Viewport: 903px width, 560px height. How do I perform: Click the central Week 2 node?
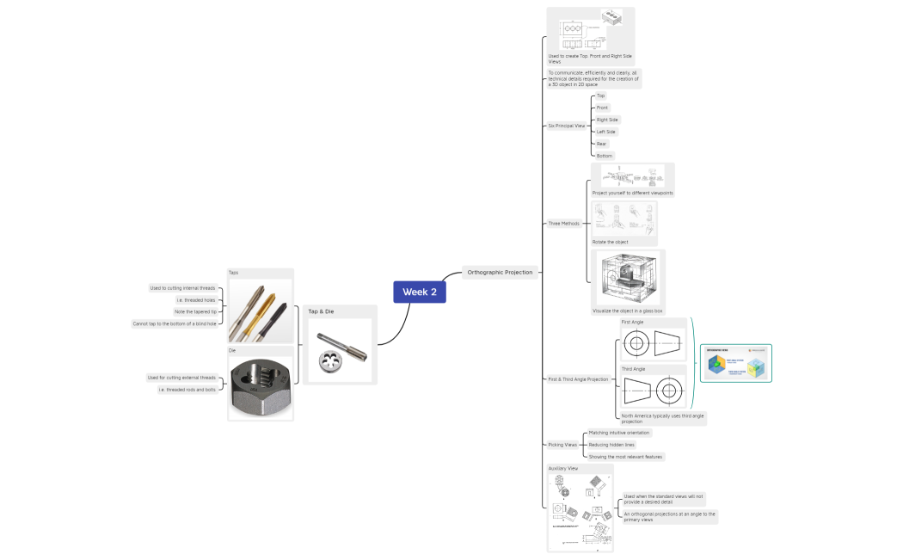click(420, 292)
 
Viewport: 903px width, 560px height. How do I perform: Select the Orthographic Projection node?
click(500, 272)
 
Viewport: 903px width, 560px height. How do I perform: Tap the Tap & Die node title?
click(322, 311)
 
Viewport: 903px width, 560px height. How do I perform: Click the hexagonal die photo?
click(261, 387)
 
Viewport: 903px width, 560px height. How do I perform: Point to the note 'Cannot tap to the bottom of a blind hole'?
click(175, 324)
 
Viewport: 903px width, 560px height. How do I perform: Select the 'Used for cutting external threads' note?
click(181, 378)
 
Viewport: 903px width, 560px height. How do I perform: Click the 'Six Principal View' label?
click(567, 126)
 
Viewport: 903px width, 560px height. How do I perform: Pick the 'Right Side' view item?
click(607, 120)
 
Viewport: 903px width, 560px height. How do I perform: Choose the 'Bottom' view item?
click(605, 156)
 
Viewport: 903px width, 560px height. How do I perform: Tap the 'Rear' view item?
click(602, 144)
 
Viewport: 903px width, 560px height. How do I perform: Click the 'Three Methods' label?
click(564, 224)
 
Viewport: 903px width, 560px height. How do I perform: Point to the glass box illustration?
click(628, 278)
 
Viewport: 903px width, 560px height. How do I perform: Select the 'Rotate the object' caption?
click(611, 242)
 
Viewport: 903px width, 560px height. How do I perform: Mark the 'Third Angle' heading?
click(633, 369)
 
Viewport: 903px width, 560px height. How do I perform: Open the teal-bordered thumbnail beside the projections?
click(735, 363)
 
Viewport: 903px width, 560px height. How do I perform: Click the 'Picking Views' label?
click(562, 445)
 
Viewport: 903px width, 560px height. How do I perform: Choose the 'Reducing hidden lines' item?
click(611, 445)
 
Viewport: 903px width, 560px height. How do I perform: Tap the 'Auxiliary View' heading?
click(563, 469)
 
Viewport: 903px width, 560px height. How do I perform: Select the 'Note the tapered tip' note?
click(195, 311)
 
